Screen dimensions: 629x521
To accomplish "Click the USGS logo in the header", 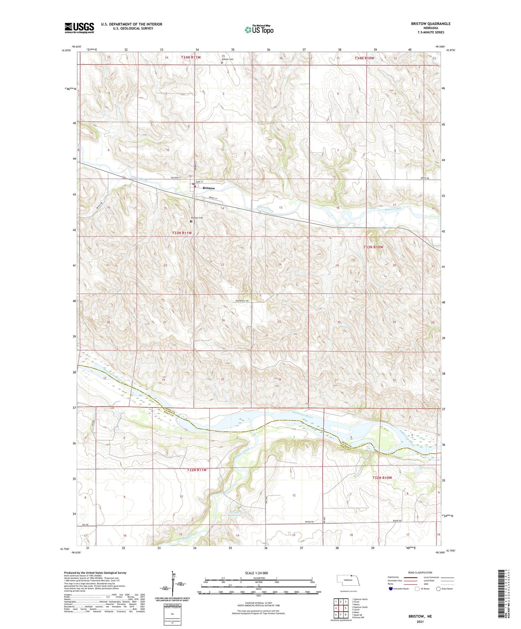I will (x=79, y=28).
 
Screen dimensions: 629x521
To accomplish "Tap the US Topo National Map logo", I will (x=259, y=29).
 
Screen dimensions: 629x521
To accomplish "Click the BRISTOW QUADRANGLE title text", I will (x=431, y=24).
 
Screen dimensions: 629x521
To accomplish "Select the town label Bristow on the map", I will (x=208, y=188).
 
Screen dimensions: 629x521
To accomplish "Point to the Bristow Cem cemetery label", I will (x=197, y=218).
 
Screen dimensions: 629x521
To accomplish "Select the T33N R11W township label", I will (x=182, y=233).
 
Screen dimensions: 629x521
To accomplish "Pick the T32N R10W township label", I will (x=382, y=478).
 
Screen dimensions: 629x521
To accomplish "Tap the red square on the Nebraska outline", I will (x=351, y=576).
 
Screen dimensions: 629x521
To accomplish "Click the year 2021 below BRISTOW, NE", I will (x=420, y=621).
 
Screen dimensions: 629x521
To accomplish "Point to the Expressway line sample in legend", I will (x=405, y=577).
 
